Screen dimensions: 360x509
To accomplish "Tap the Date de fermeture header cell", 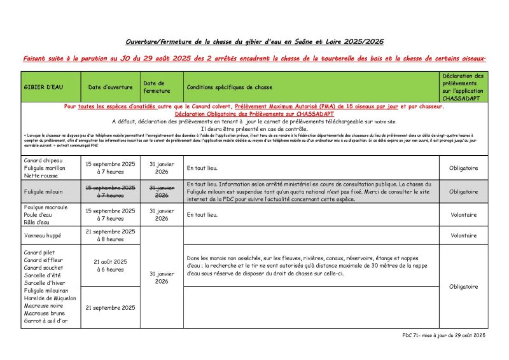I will tap(155, 87).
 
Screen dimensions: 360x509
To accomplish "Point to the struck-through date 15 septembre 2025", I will tap(110, 188).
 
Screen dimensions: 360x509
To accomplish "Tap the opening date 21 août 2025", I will tap(110, 261).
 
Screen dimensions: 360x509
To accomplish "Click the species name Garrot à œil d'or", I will tap(45, 321).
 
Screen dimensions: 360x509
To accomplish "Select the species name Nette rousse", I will tap(40, 175).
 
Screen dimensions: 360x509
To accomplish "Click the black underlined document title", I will tap(254, 42).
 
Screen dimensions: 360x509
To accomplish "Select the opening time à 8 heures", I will tap(110, 239).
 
